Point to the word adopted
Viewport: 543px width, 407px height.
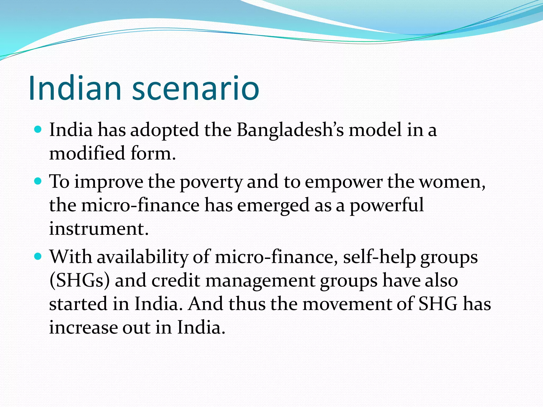pyautogui.click(x=164, y=130)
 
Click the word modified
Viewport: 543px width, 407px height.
pyautogui.click(x=87, y=153)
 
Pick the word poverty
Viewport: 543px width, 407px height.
pyautogui.click(x=211, y=183)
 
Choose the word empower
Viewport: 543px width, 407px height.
pyautogui.click(x=343, y=183)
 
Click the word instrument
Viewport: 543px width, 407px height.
pyautogui.click(x=99, y=229)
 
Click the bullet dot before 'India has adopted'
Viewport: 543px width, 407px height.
pyautogui.click(x=38, y=130)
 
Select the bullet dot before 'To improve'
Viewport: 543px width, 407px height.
pyautogui.click(x=38, y=181)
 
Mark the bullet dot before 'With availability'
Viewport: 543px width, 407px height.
pyautogui.click(x=38, y=256)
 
